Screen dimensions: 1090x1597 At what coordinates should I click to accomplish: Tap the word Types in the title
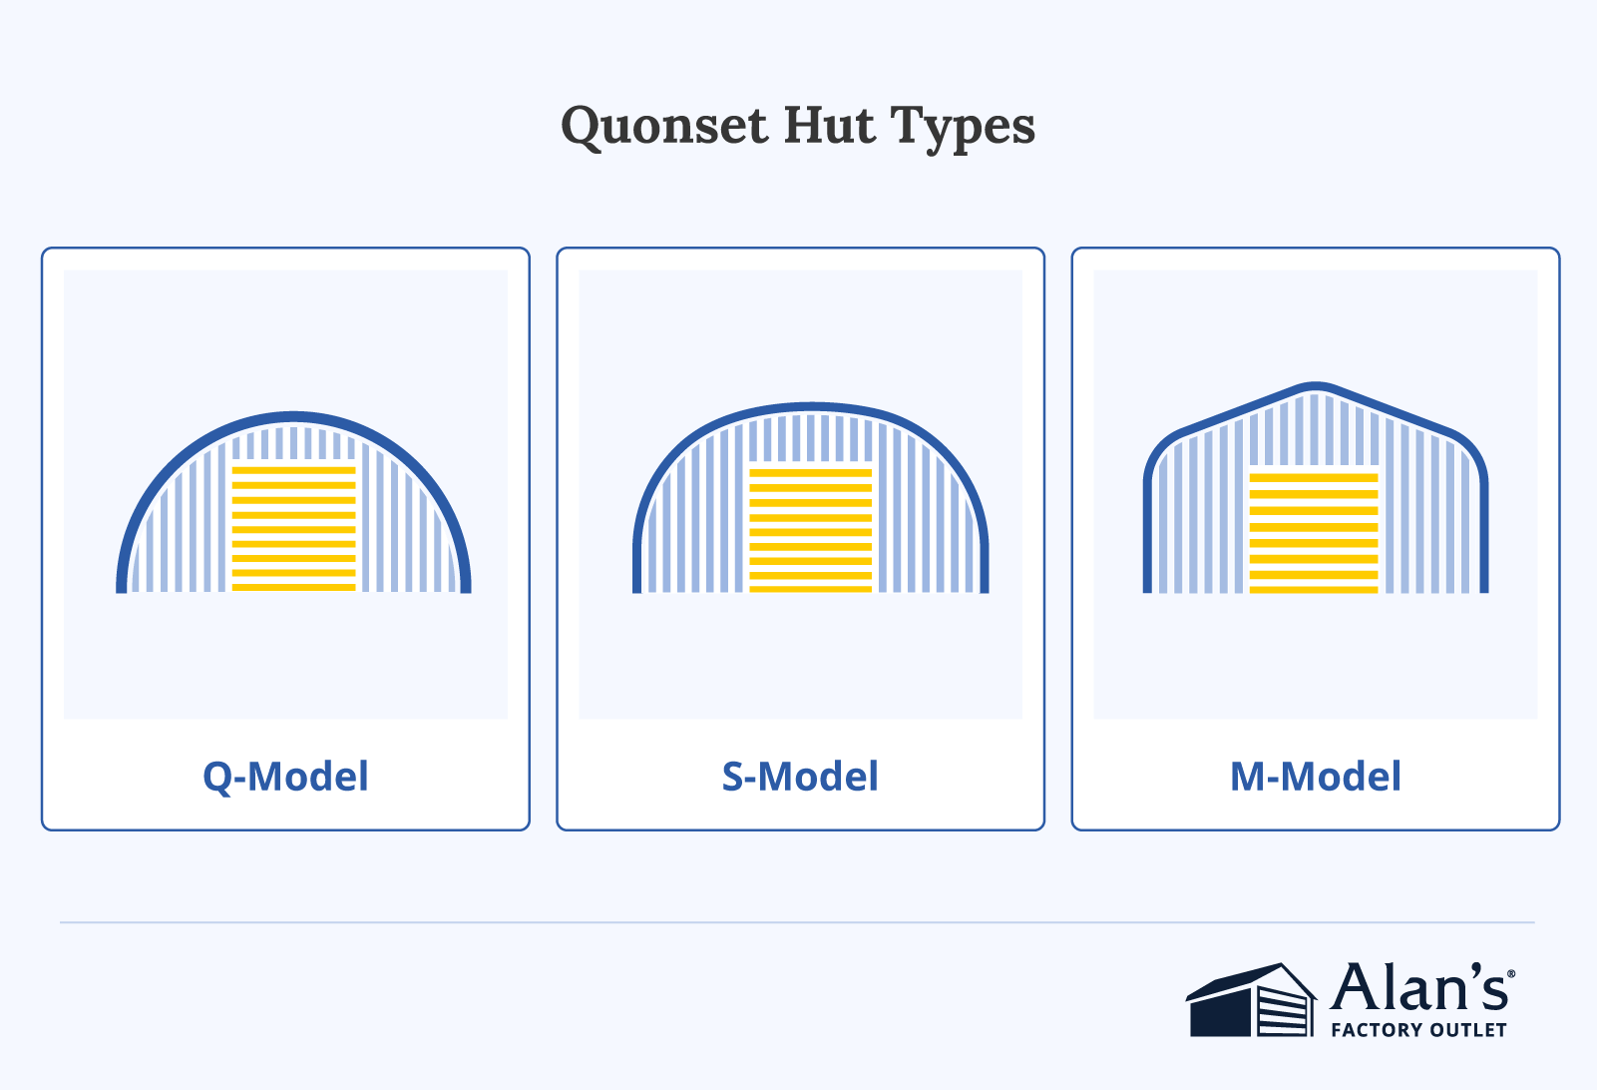963,128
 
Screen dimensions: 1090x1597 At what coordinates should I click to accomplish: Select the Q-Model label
285,777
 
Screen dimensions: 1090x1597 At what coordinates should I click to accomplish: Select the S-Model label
800,777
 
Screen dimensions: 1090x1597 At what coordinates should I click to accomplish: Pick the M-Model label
1315,777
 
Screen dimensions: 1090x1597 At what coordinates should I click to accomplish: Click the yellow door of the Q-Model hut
293,528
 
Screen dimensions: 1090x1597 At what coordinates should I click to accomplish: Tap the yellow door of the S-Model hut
810,530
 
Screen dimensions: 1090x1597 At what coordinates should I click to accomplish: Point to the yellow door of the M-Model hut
1313,533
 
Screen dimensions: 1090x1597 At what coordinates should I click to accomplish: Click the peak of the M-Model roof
1316,386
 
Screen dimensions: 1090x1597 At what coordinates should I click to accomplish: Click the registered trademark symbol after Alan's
1511,973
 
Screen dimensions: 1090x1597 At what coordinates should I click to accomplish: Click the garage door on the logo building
1282,1012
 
